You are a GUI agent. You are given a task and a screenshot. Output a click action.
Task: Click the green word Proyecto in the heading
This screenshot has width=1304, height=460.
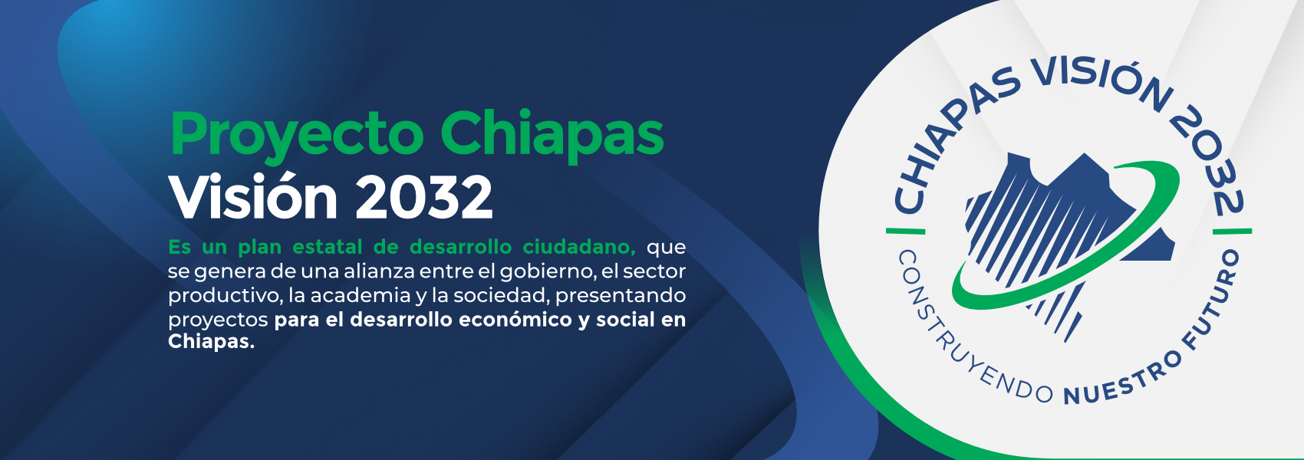tap(297, 136)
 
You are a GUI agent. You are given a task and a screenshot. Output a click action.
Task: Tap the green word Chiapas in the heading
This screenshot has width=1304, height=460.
tap(552, 133)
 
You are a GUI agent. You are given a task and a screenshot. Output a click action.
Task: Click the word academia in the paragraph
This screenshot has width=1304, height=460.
tap(360, 295)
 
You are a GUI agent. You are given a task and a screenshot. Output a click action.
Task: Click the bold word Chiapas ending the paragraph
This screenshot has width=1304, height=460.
tap(211, 342)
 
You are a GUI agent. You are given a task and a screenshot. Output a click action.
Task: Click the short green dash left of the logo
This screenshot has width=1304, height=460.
tap(905, 231)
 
